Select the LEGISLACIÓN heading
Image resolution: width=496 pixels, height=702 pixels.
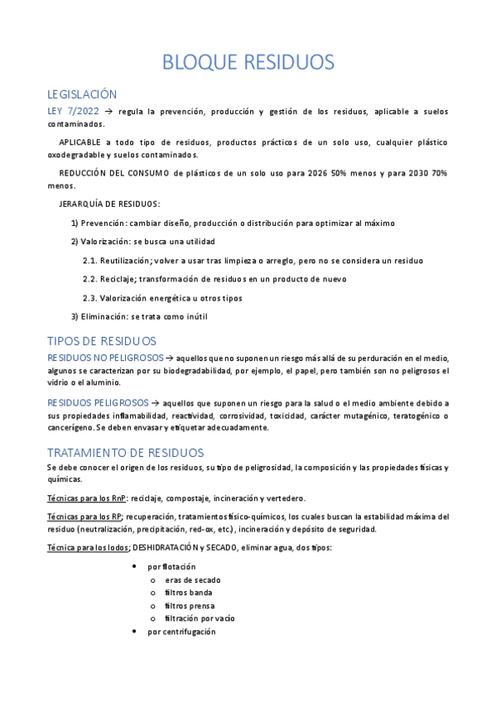point(82,94)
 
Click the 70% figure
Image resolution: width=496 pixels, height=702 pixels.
point(438,172)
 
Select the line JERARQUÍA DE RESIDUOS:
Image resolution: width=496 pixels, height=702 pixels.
point(110,204)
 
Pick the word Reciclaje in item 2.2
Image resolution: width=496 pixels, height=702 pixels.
point(118,279)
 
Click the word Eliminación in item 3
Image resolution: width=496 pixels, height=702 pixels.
point(105,316)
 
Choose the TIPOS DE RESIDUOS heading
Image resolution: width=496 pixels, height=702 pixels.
point(102,341)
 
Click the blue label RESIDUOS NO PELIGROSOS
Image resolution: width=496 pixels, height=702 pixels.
point(105,358)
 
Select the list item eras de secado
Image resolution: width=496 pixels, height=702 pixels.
point(192,580)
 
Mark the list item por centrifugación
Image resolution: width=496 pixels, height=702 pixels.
point(181,632)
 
